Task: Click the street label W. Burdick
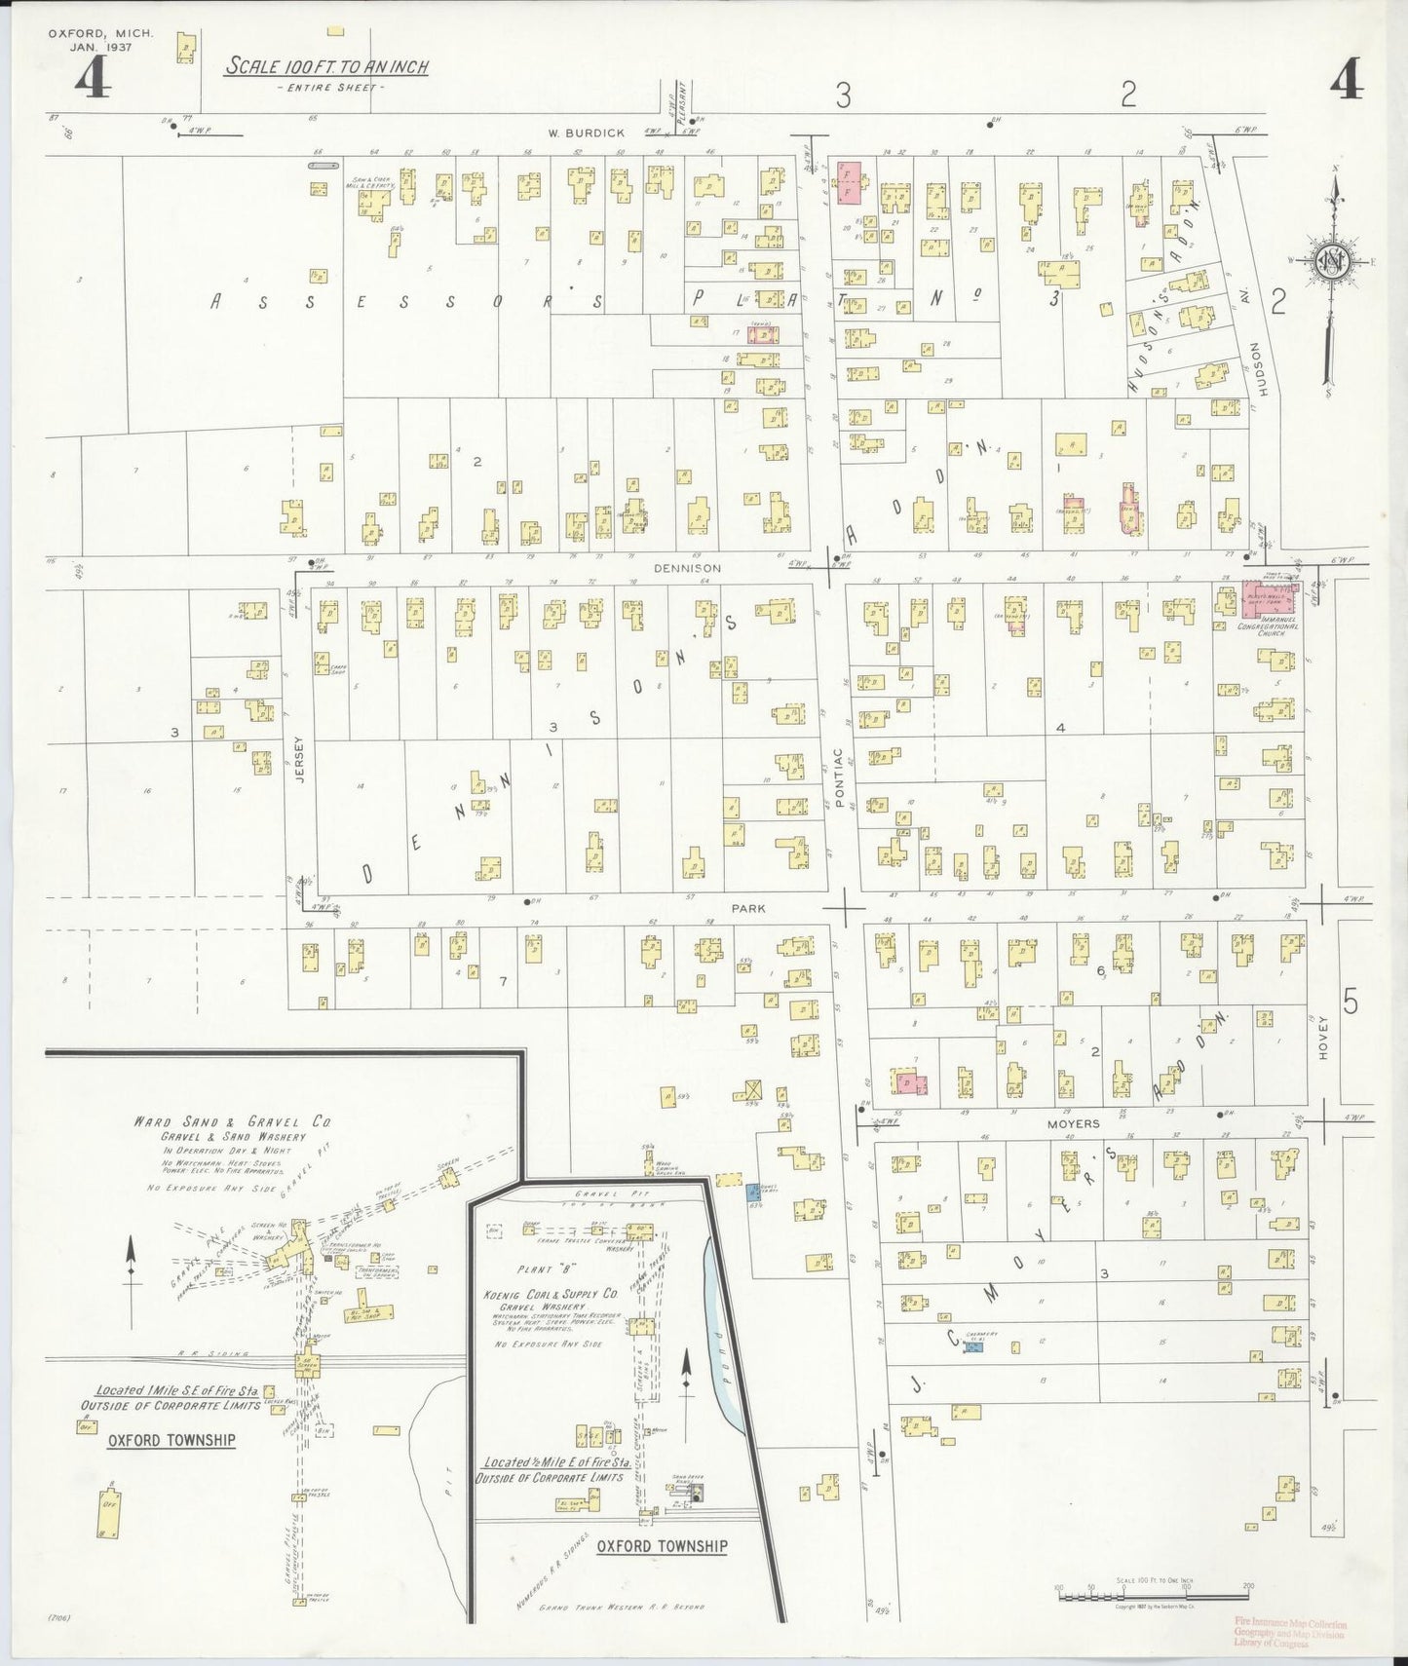coord(585,133)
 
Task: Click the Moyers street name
coord(1074,1123)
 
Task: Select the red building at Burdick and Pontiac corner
coord(853,182)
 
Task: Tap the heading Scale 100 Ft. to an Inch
coord(327,67)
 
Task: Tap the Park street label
coord(748,908)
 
